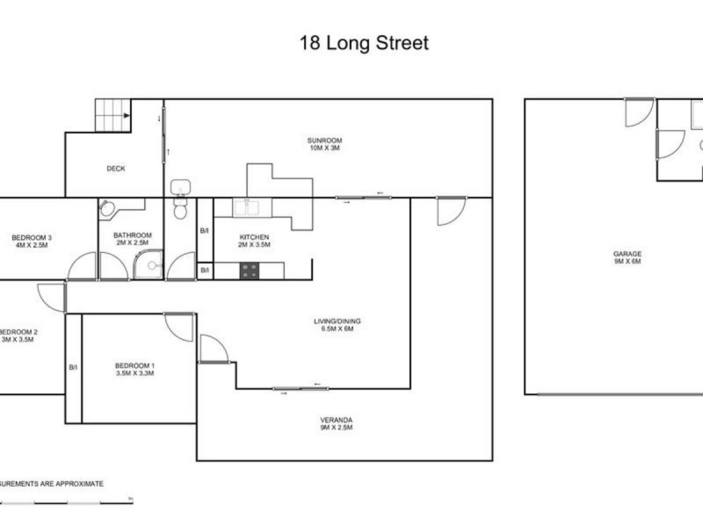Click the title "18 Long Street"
point(364,43)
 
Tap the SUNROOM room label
point(324,141)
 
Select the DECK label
point(116,169)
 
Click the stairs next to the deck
point(112,115)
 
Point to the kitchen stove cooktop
point(249,271)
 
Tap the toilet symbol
point(180,209)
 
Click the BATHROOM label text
point(133,235)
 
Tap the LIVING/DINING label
point(337,321)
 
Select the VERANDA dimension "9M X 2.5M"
point(337,431)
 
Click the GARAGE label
point(627,254)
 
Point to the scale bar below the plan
point(66,502)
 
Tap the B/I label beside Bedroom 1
point(73,368)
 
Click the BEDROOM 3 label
point(32,237)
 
